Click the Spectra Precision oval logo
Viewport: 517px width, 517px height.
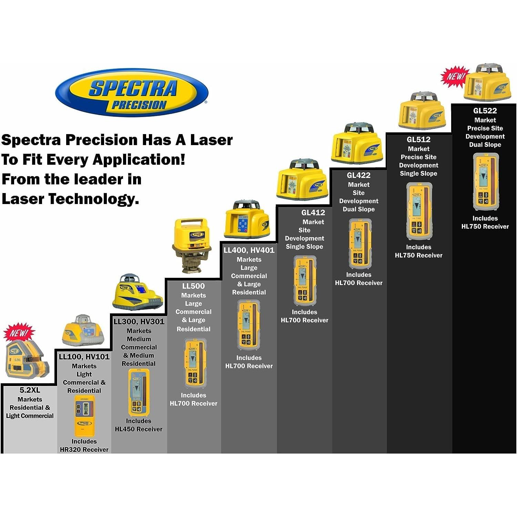pos(132,92)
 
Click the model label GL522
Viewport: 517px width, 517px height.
pos(485,111)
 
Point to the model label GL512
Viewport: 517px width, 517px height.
pos(418,140)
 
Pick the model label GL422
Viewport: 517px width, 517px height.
pos(358,175)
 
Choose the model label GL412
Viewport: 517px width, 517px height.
pos(313,213)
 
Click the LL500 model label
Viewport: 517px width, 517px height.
pos(193,286)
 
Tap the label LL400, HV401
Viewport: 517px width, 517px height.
pos(249,250)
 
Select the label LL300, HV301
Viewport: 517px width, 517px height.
pos(139,322)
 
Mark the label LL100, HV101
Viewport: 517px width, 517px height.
pos(84,357)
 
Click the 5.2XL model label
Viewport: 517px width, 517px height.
pos(30,390)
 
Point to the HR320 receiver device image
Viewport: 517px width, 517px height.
pos(84,416)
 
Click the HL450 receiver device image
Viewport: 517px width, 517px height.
pos(139,392)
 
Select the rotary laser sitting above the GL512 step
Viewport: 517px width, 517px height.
pos(422,112)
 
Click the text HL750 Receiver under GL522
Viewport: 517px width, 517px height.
pos(485,226)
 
